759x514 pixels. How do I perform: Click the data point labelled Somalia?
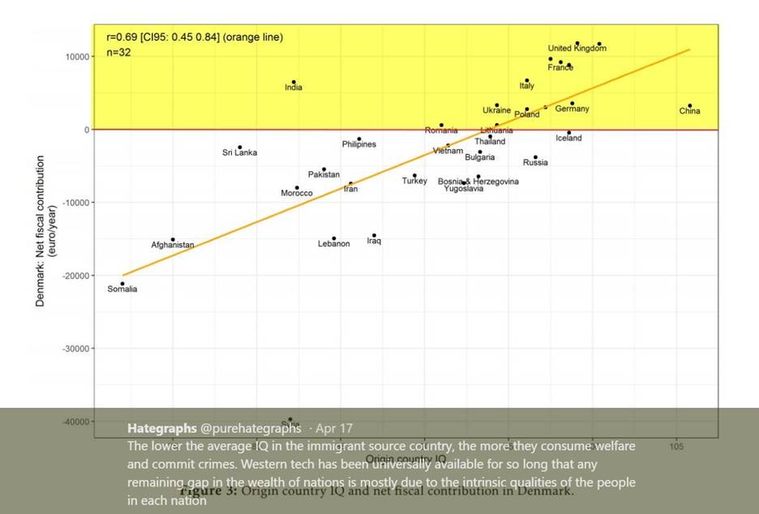tap(122, 284)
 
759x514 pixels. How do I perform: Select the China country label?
tap(689, 111)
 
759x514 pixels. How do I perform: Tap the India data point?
tap(294, 82)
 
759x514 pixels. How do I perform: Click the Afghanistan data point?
tap(173, 239)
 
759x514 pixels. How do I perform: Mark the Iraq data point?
tap(374, 235)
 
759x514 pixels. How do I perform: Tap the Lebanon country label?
tap(334, 244)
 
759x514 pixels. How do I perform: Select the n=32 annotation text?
tap(119, 53)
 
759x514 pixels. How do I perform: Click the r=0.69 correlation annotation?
tap(195, 37)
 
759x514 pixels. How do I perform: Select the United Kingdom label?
tap(577, 49)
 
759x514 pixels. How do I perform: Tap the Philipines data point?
tap(358, 139)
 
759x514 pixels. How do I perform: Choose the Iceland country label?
tap(568, 138)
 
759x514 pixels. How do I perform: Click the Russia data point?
tap(535, 156)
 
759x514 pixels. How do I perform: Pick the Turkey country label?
tap(414, 181)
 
